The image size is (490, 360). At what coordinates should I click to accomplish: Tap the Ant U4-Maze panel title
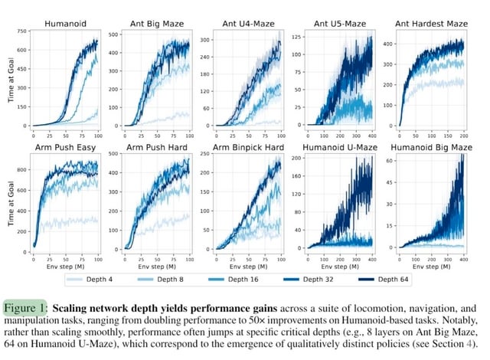coord(237,25)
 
